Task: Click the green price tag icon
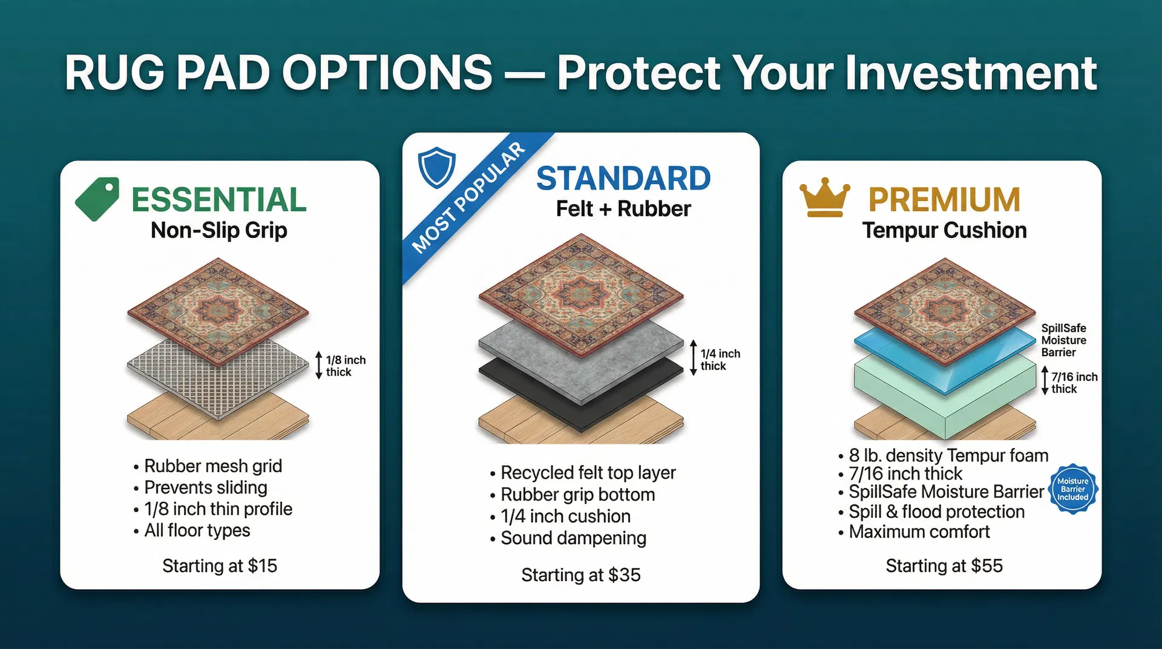[x=97, y=199]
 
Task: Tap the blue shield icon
[x=436, y=167]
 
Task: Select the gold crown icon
[x=824, y=199]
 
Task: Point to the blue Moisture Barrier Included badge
[x=1072, y=489]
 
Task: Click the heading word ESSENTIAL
[x=219, y=200]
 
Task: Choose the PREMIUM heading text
[x=944, y=200]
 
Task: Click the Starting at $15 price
[x=220, y=565]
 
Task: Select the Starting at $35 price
[x=581, y=575]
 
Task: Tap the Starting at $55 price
[x=944, y=565]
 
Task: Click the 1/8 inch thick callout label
[x=345, y=366]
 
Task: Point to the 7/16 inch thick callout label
[x=1073, y=383]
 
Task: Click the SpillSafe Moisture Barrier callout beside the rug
[x=1063, y=340]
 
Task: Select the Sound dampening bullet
[x=573, y=538]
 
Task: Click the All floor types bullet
[x=197, y=530]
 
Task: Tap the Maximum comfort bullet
[x=919, y=532]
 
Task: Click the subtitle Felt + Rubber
[x=623, y=209]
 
